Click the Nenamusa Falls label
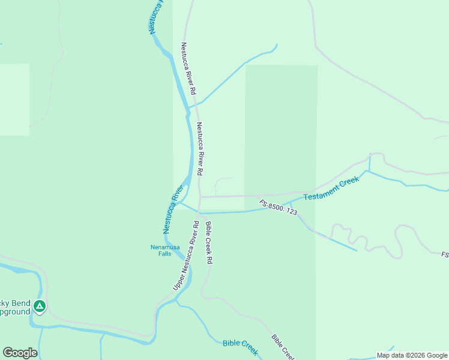click(160, 250)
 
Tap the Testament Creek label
click(331, 188)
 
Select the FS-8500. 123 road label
click(279, 208)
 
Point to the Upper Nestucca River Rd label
click(186, 256)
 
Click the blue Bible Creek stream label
click(240, 344)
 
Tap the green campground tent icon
click(40, 307)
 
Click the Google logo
click(20, 353)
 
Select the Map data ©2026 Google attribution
click(412, 355)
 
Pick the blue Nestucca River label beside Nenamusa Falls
click(173, 209)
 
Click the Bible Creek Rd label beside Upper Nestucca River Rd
click(209, 243)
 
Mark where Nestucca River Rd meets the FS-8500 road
click(200, 196)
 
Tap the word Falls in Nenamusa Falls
click(160, 254)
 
